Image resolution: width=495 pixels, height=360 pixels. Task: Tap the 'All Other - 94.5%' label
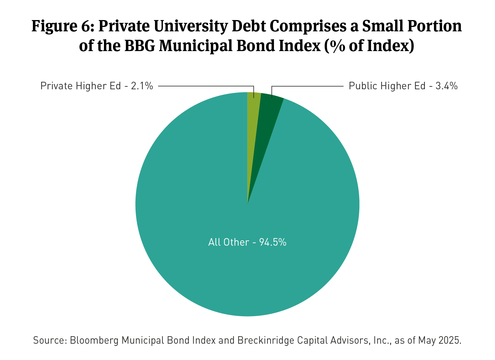247,242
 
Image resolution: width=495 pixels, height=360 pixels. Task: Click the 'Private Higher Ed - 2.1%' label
97,86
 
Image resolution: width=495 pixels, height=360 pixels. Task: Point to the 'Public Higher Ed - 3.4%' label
403,86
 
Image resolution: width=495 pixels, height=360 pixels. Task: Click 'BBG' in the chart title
140,46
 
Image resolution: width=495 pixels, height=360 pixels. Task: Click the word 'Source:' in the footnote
50,340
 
